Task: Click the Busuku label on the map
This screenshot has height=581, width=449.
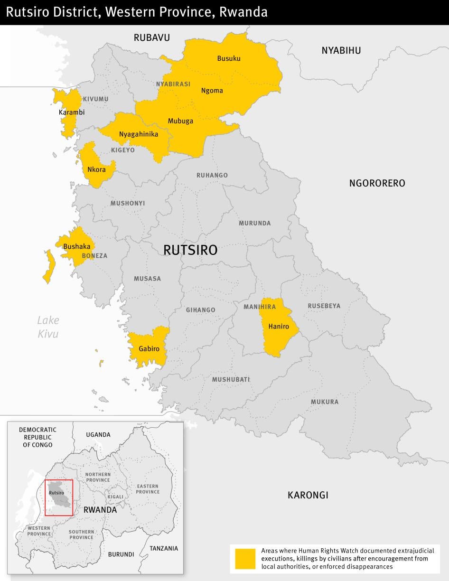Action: pos(229,58)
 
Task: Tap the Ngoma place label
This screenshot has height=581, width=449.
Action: pos(212,91)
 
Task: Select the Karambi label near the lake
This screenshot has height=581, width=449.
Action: pos(72,112)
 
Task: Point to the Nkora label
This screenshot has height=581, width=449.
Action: pos(96,169)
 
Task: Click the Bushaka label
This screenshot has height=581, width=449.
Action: pos(76,246)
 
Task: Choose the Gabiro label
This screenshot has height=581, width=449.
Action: pos(149,349)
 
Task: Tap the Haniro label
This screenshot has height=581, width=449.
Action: pos(279,326)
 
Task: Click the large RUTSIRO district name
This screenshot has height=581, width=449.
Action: pos(190,250)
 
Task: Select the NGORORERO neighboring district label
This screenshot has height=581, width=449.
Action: pos(377,183)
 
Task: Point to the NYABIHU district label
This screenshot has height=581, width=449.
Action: pos(341,50)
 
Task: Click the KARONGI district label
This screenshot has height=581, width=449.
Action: pos(308,495)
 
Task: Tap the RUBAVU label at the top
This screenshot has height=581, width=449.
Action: pos(151,37)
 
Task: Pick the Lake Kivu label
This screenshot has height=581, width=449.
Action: pos(48,327)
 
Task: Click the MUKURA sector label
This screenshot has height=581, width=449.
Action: pos(325,402)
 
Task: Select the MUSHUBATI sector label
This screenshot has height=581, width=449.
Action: pos(231,380)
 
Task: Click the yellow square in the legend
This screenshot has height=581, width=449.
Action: pos(245,558)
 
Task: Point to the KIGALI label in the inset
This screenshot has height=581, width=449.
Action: pos(115,497)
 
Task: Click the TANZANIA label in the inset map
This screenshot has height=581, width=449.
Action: pos(164,548)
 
